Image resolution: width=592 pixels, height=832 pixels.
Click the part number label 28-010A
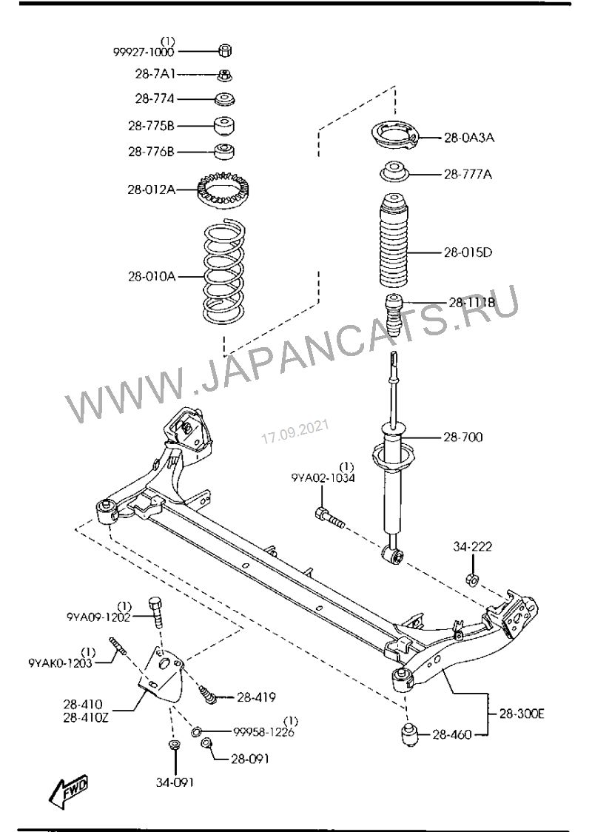pos(151,277)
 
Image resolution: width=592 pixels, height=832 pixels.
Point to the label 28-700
pos(463,437)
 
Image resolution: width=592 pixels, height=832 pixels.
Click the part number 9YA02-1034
pos(323,479)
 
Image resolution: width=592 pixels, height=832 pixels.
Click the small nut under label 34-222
pos(471,578)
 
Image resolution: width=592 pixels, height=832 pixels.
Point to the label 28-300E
pos(521,714)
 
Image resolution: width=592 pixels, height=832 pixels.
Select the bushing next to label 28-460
pos(408,736)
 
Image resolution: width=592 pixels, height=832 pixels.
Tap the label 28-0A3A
pos(469,138)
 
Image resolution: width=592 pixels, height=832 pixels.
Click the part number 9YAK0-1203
pos(60,663)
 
